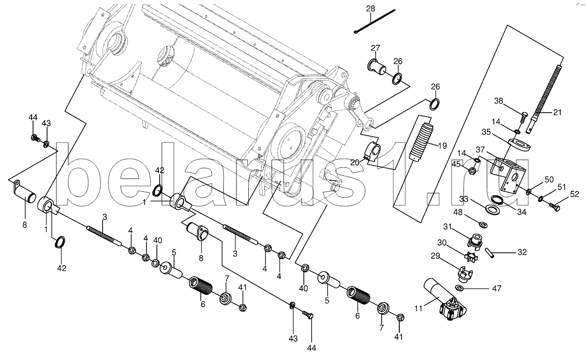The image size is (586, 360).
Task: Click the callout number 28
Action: [x=370, y=9]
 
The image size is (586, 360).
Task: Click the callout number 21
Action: [x=557, y=112]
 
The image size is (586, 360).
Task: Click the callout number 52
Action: [x=575, y=194]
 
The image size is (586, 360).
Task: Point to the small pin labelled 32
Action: [x=489, y=252]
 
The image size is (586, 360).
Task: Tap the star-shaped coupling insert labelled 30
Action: [x=471, y=256]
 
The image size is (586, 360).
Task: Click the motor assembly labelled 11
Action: [x=446, y=299]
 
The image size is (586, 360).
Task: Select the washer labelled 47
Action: [x=460, y=288]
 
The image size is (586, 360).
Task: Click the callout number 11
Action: [x=419, y=309]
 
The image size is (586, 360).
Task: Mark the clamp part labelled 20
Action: [x=372, y=151]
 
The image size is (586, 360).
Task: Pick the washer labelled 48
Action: [x=483, y=224]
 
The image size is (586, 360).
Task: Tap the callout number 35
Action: [x=487, y=132]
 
